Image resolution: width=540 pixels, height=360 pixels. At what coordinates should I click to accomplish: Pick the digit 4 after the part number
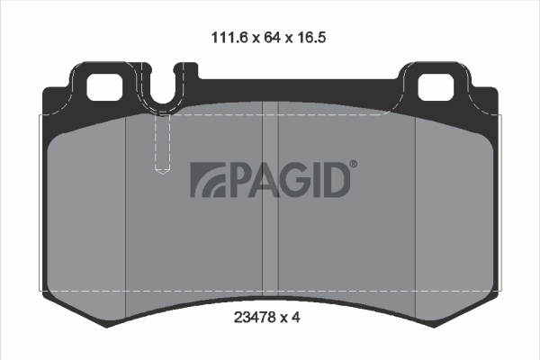(x=296, y=317)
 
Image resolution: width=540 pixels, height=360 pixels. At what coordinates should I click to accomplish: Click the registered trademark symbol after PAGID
(x=353, y=165)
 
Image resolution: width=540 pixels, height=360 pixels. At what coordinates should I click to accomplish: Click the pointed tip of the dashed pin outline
(x=163, y=173)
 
